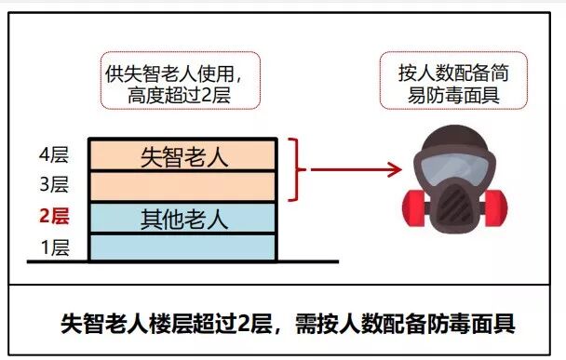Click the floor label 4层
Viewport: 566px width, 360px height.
pyautogui.click(x=54, y=153)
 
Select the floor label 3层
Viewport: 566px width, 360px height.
pyautogui.click(x=54, y=185)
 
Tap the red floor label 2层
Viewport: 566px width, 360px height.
pyautogui.click(x=54, y=217)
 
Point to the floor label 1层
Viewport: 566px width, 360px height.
pyautogui.click(x=54, y=248)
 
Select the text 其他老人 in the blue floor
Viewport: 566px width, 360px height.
pyautogui.click(x=183, y=219)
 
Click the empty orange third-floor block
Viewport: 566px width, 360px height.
pyautogui.click(x=183, y=186)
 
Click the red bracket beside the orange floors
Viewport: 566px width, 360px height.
pyautogui.click(x=298, y=170)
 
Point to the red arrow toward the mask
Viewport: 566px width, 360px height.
pyautogui.click(x=354, y=170)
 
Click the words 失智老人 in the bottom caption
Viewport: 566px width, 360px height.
pyautogui.click(x=102, y=325)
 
